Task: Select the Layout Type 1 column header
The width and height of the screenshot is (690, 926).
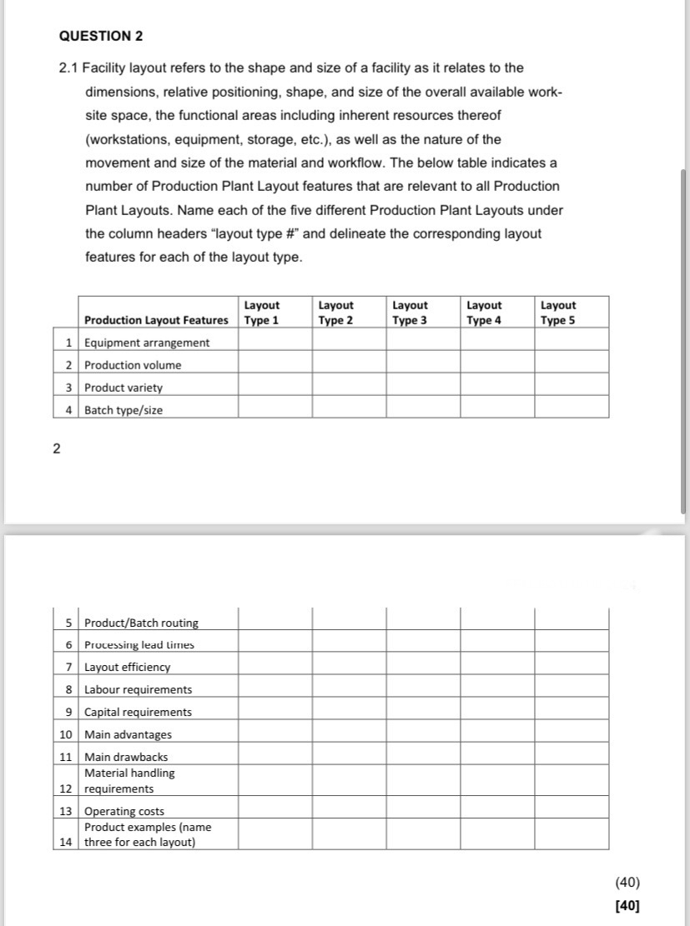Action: (261, 313)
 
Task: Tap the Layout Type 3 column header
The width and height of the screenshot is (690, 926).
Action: (410, 313)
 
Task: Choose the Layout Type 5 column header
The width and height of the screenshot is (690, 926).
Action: (558, 313)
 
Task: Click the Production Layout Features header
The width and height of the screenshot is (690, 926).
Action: (156, 320)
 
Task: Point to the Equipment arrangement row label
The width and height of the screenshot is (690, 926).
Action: (147, 343)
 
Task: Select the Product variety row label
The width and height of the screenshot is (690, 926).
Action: (123, 388)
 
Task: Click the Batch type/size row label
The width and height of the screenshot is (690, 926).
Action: (123, 410)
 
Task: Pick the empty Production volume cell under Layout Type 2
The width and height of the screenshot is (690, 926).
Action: (349, 365)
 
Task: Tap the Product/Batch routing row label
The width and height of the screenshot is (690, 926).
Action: (141, 623)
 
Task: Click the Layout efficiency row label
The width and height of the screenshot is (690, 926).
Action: (127, 667)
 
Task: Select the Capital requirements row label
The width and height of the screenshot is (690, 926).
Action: (138, 712)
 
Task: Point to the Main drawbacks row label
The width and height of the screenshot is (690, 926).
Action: (126, 757)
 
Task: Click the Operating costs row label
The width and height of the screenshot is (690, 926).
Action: (124, 811)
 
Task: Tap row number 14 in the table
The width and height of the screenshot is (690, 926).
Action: (66, 842)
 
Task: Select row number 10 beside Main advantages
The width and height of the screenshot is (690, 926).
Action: (66, 734)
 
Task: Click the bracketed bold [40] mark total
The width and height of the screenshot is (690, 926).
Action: (627, 905)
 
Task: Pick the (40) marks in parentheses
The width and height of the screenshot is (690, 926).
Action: (627, 883)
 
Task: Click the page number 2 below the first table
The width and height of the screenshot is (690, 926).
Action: (56, 449)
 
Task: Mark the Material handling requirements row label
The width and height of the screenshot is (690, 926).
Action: (129, 781)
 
